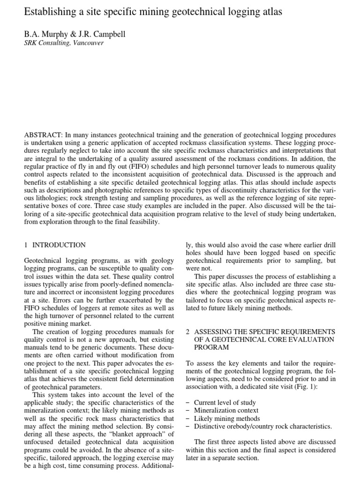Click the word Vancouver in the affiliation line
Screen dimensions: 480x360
pyautogui.click(x=87, y=43)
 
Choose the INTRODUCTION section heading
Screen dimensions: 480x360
pyautogui.click(x=59, y=245)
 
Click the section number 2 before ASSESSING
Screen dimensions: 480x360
pyautogui.click(x=187, y=331)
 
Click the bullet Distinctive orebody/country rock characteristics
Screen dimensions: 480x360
pyautogui.click(x=263, y=426)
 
